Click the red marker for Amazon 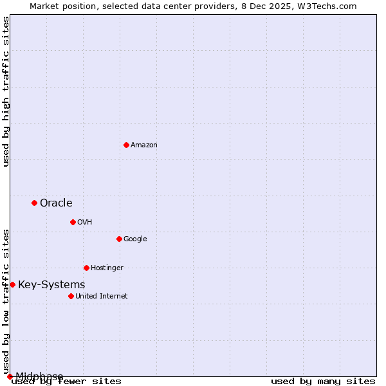coord(126,145)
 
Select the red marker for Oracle coord(34,203)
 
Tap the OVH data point coord(73,222)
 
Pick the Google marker coord(119,239)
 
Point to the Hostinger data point coord(86,268)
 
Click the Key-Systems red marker coord(12,284)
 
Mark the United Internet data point coord(71,296)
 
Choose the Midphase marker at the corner coord(10,376)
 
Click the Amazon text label coord(144,145)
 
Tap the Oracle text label coord(56,203)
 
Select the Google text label coord(135,239)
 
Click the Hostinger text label coord(107,268)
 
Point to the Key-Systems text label coord(51,285)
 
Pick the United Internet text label coord(102,297)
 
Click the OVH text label coord(84,223)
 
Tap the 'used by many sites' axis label coord(323,381)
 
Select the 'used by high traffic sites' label coord(6,92)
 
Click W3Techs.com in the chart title coord(327,6)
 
